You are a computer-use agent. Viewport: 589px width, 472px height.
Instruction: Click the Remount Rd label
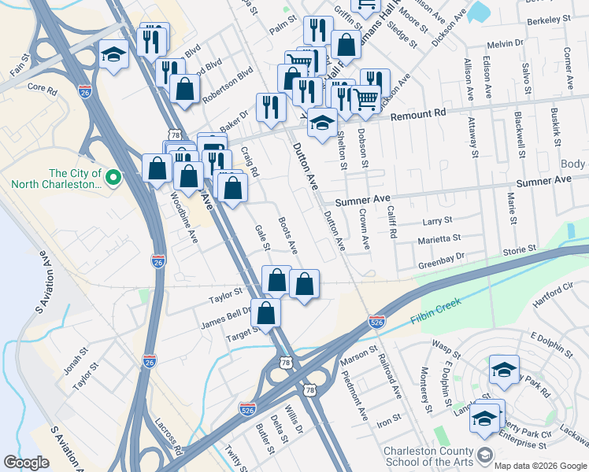418,114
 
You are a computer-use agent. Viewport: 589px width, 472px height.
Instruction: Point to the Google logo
26,462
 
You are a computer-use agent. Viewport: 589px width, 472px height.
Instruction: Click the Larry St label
437,221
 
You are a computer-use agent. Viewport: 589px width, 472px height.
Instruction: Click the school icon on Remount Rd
321,123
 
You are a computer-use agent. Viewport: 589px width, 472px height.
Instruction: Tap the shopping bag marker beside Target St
267,312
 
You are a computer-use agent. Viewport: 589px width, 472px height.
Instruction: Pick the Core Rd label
43,89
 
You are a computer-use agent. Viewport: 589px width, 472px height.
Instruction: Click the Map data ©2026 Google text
539,466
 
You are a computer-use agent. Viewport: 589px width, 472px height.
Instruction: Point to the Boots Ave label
288,235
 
